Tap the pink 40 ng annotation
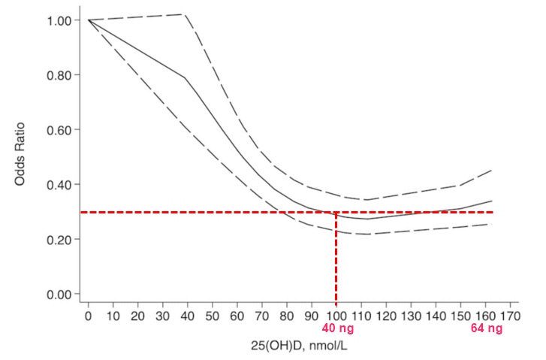click(x=337, y=328)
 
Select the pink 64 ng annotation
click(x=487, y=328)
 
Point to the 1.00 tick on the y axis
click(x=58, y=20)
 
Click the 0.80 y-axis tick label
click(x=58, y=75)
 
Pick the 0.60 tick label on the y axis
click(x=58, y=130)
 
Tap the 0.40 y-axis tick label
click(x=58, y=185)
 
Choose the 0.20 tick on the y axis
click(x=58, y=240)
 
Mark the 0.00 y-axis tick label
click(x=58, y=295)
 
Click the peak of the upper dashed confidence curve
click(x=185, y=14)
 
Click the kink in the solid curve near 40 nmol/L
click(x=185, y=77)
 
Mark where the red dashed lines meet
click(x=336, y=212)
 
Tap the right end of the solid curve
click(x=492, y=201)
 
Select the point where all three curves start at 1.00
click(x=88, y=20)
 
